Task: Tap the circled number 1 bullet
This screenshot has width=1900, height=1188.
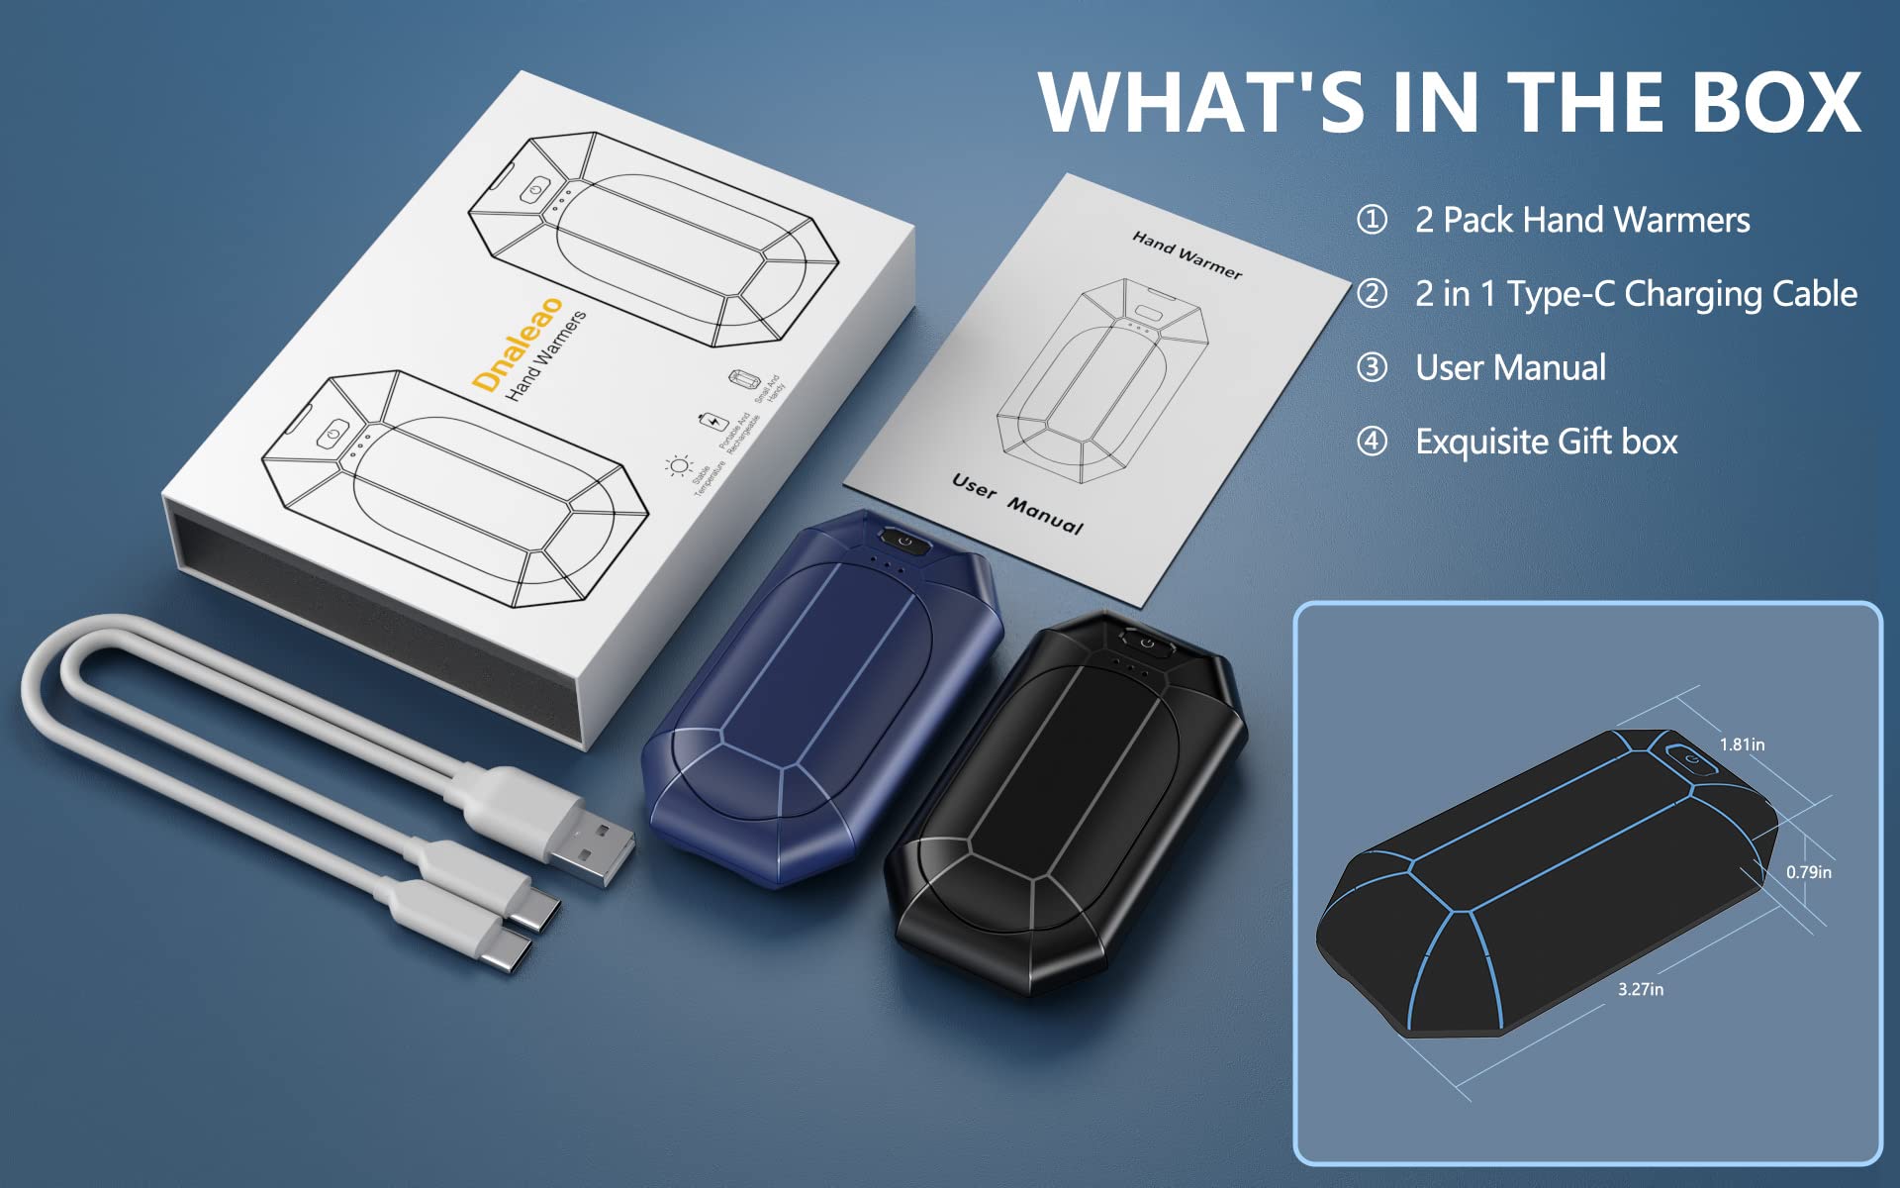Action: tap(1372, 219)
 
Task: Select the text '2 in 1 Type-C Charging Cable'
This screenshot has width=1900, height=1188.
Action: tap(1636, 294)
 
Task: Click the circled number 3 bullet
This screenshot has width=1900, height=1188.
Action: tap(1372, 367)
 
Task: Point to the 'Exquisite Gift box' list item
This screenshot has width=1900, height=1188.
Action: tap(1546, 442)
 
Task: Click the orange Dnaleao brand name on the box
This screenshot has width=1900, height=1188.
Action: tap(518, 344)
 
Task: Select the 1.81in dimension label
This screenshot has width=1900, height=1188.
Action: tap(1742, 744)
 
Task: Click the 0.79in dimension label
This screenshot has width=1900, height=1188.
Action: tap(1808, 872)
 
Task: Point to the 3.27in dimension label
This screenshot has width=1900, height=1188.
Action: tap(1641, 989)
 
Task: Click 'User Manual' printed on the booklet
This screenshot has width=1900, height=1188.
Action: tap(1017, 503)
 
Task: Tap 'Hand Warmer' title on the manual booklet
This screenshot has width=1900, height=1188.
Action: tap(1187, 254)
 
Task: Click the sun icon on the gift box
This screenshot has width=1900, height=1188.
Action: tap(678, 465)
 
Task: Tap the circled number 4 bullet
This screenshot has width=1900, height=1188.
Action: tap(1372, 441)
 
